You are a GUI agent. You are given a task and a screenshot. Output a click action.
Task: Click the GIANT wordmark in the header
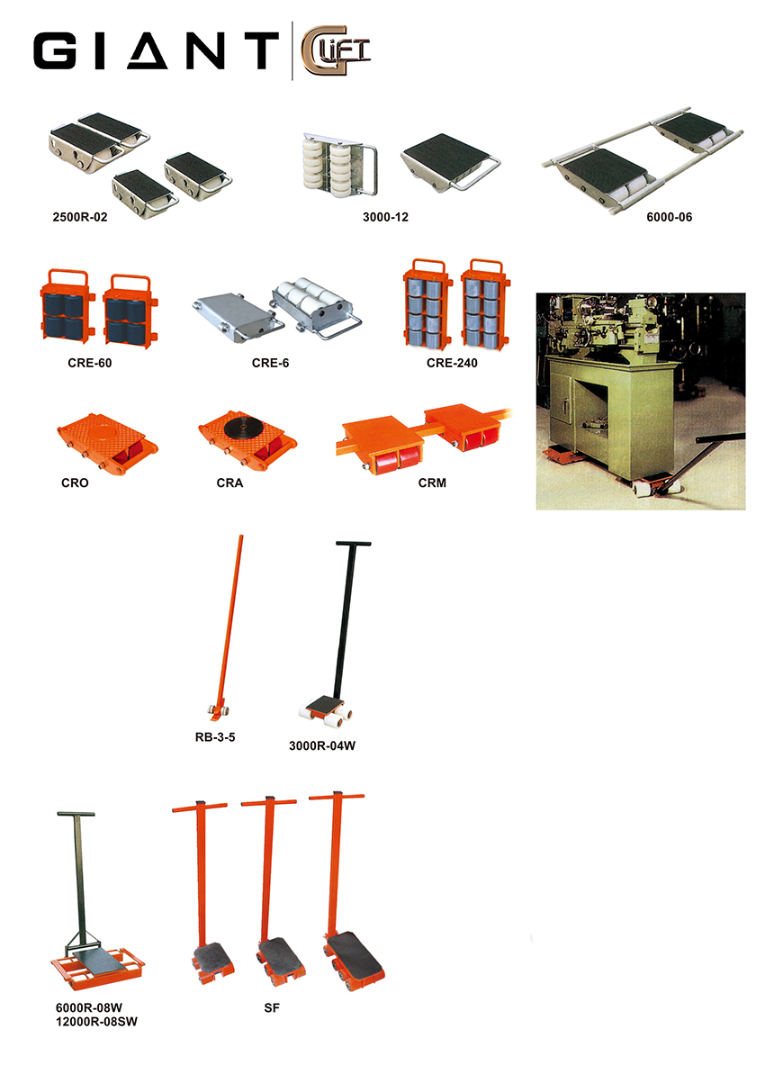point(156,50)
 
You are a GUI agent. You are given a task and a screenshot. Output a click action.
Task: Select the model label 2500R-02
point(80,217)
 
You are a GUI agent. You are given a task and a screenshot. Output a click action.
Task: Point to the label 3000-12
point(385,217)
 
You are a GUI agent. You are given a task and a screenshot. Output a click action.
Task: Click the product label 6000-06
point(670,217)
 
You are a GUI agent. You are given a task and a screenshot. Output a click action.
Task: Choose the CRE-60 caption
point(90,364)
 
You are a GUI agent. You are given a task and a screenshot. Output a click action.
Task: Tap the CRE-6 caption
point(270,364)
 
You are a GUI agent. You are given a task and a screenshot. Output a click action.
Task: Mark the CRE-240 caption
point(452,364)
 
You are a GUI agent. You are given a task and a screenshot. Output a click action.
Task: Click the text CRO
point(75,483)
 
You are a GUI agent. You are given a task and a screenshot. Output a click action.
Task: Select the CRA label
point(229,483)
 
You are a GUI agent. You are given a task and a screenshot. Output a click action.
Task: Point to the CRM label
point(432,483)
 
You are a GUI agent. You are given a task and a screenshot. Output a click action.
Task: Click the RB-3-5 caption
point(215,737)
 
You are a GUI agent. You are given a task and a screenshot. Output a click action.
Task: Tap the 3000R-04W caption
point(322,745)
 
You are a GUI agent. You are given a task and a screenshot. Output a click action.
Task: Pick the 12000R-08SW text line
point(96,1022)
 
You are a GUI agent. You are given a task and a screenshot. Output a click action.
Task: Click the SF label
point(272,1008)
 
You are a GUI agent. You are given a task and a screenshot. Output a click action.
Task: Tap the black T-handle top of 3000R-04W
point(354,544)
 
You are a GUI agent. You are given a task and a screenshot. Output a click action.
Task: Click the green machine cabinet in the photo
point(612,422)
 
